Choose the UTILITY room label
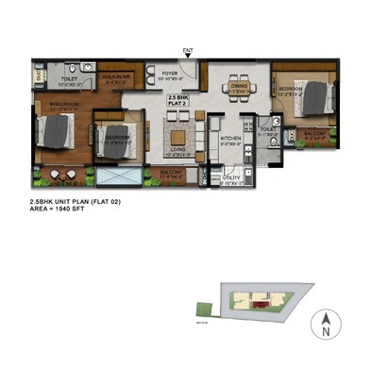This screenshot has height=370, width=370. click(x=232, y=177)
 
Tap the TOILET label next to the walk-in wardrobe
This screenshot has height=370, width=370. click(x=70, y=79)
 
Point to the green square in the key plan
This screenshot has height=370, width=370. click(x=201, y=305)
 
